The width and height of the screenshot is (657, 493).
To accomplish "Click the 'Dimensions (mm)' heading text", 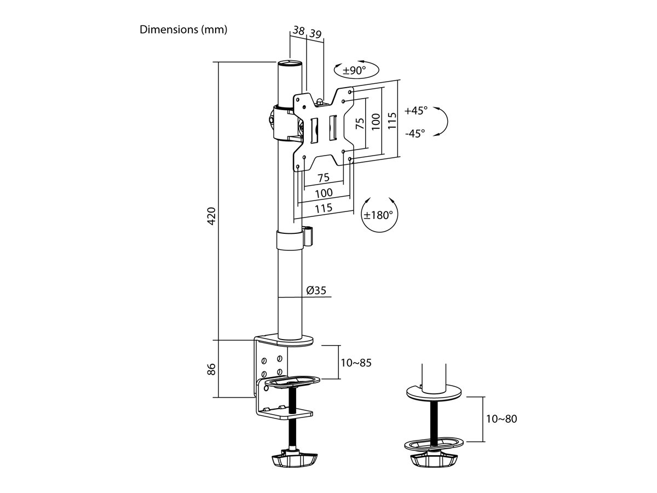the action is pyautogui.click(x=183, y=30).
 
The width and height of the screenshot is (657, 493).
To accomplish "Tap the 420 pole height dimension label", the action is pyautogui.click(x=211, y=216).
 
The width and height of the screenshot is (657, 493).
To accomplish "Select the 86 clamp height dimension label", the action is pyautogui.click(x=211, y=369).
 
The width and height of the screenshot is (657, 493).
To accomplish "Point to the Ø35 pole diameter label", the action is pyautogui.click(x=316, y=290).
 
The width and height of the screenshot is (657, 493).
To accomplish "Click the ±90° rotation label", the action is pyautogui.click(x=354, y=70).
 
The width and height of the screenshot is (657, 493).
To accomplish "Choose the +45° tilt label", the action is pyautogui.click(x=416, y=111).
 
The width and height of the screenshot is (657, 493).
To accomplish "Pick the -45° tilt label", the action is pyautogui.click(x=415, y=133).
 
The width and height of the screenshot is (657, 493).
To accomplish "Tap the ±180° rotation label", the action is pyautogui.click(x=378, y=215).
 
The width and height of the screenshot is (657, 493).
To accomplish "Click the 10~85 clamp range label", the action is pyautogui.click(x=356, y=363).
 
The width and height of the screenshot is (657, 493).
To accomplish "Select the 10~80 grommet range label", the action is pyautogui.click(x=502, y=419).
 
